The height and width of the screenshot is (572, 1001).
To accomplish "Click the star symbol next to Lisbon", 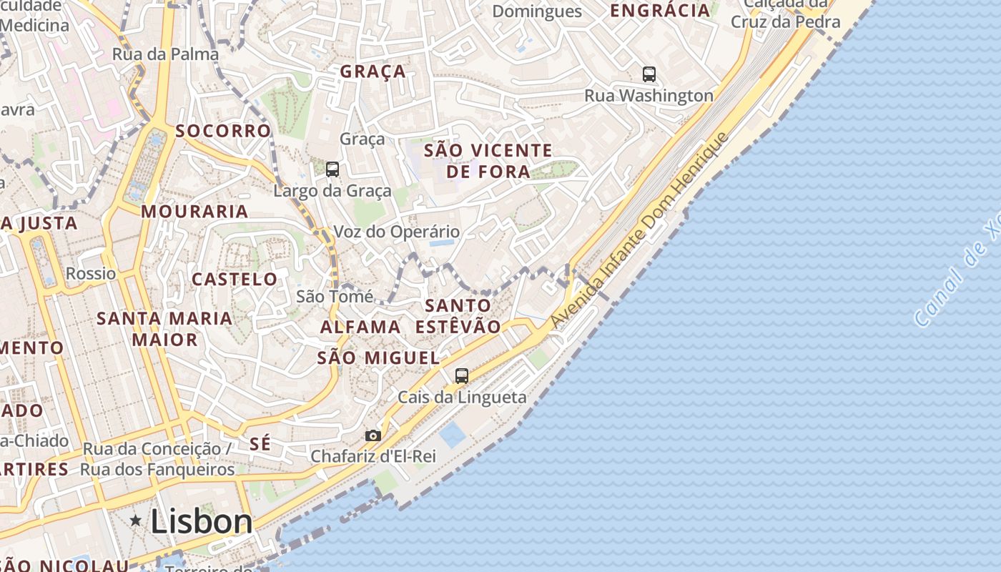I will click(x=136, y=521).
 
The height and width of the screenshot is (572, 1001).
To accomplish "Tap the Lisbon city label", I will click(x=201, y=522).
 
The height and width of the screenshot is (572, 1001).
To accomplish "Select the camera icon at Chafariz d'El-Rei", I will click(x=373, y=435).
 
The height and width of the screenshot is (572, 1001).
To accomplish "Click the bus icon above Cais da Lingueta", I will click(x=462, y=375).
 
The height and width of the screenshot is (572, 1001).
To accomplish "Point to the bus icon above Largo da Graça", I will click(x=332, y=169).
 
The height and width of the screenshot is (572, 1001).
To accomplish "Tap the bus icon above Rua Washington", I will click(x=649, y=74).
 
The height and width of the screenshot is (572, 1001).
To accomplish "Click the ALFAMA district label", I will click(x=360, y=327).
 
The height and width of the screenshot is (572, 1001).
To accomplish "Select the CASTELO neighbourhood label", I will click(x=235, y=279).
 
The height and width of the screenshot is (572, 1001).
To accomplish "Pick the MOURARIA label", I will click(x=194, y=212).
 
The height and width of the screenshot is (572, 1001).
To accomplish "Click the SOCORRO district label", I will click(x=224, y=131).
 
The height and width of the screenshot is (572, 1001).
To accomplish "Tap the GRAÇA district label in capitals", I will click(x=373, y=71).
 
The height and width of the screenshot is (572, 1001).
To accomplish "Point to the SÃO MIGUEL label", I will click(x=378, y=358).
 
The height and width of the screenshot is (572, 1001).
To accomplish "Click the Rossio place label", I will click(x=91, y=273).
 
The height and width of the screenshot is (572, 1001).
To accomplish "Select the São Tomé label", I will click(x=335, y=296).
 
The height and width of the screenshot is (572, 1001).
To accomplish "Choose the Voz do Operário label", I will click(x=397, y=232).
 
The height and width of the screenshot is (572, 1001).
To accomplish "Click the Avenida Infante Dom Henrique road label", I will click(x=641, y=230).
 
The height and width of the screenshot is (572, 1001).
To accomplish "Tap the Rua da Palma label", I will click(x=165, y=54).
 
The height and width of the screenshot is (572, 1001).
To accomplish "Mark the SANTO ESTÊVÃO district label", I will click(x=458, y=316).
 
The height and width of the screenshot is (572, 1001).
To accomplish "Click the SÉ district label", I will click(x=260, y=444).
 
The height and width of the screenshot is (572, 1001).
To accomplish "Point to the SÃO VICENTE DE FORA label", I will click(x=488, y=161).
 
